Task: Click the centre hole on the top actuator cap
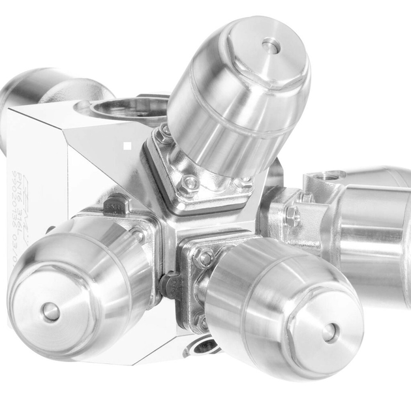pyautogui.click(x=271, y=46)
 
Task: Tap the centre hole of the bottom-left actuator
pyautogui.click(x=50, y=312)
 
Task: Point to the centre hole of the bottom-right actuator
pyautogui.click(x=330, y=332)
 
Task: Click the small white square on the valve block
pyautogui.click(x=128, y=146)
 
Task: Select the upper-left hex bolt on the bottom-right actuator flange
pyautogui.click(x=204, y=258)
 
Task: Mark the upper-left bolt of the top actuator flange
pyautogui.click(x=163, y=134)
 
